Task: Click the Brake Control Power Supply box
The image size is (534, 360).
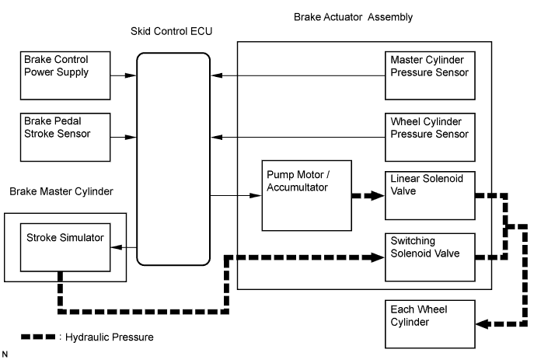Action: [x=65, y=75]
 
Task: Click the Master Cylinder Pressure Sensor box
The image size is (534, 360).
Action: [x=431, y=75]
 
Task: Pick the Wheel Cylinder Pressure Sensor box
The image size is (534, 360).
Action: [x=431, y=137]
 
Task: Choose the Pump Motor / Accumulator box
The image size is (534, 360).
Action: [x=307, y=195]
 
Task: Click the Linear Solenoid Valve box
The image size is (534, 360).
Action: [x=431, y=194]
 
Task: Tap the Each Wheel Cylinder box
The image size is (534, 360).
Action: [x=431, y=322]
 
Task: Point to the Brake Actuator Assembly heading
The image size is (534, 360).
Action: [x=353, y=16]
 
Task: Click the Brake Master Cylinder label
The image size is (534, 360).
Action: [x=61, y=191]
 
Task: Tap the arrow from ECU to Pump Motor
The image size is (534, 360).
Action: [x=236, y=196]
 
